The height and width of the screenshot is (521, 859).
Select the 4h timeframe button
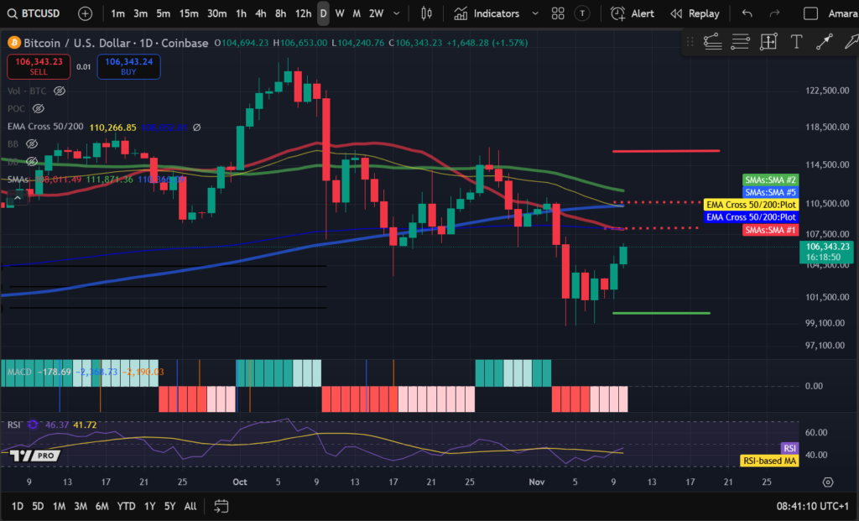(261, 13)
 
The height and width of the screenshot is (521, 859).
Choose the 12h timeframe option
(303, 13)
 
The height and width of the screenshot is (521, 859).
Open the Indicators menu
(487, 13)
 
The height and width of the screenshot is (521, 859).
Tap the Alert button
(633, 13)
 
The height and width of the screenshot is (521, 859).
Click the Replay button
(695, 13)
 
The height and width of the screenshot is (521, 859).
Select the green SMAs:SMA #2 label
(770, 180)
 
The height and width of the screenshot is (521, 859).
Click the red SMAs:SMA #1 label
(770, 230)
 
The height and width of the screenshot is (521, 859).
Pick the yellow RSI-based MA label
(768, 461)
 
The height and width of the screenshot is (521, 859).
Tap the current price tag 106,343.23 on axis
(828, 247)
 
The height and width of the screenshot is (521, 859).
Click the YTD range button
(127, 506)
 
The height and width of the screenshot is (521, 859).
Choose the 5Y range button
(169, 506)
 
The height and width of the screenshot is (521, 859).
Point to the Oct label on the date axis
(241, 482)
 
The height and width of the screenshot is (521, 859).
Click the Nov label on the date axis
(537, 482)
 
